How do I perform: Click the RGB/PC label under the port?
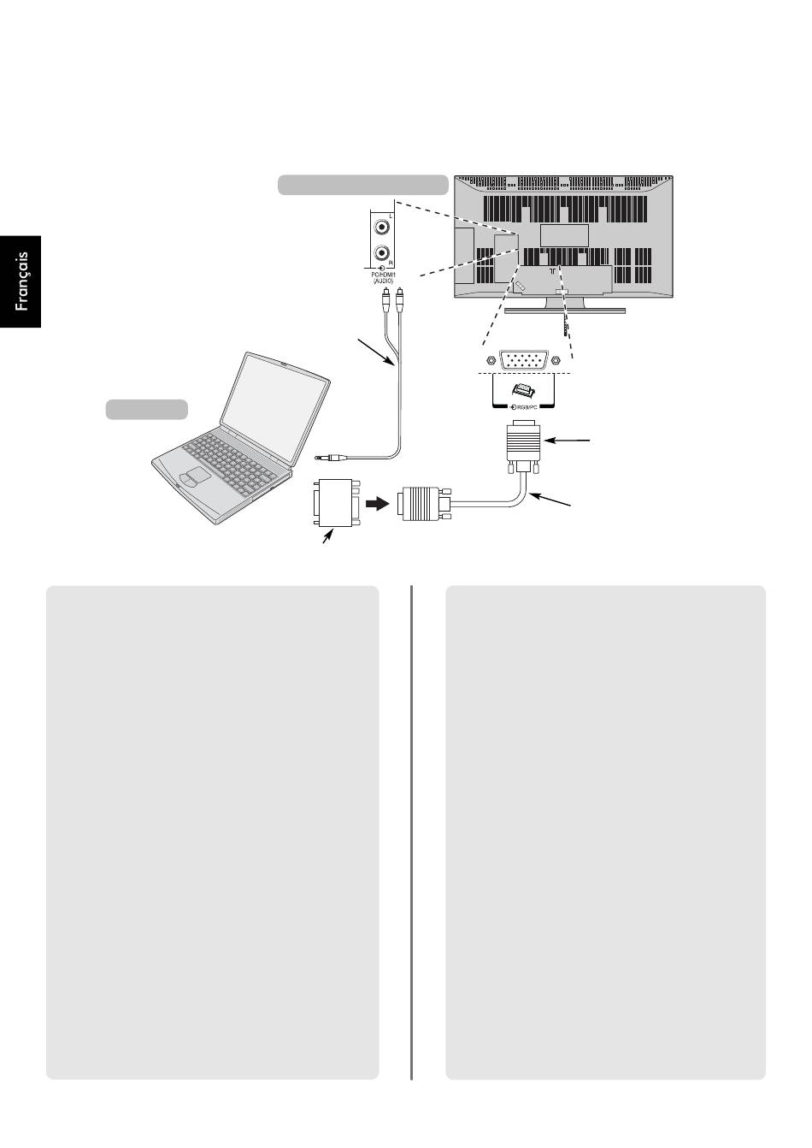pos(523,407)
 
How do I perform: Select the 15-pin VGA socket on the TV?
pos(523,360)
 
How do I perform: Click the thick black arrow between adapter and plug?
pos(377,505)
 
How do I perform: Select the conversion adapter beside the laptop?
pos(336,502)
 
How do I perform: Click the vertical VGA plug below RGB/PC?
pos(523,447)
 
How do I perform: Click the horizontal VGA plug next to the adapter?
pos(423,504)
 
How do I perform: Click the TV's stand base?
pos(565,310)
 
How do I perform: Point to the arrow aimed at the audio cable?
pos(376,352)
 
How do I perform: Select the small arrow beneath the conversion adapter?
pos(327,537)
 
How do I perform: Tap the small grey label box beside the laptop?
pos(146,410)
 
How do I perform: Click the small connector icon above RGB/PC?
pos(523,391)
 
